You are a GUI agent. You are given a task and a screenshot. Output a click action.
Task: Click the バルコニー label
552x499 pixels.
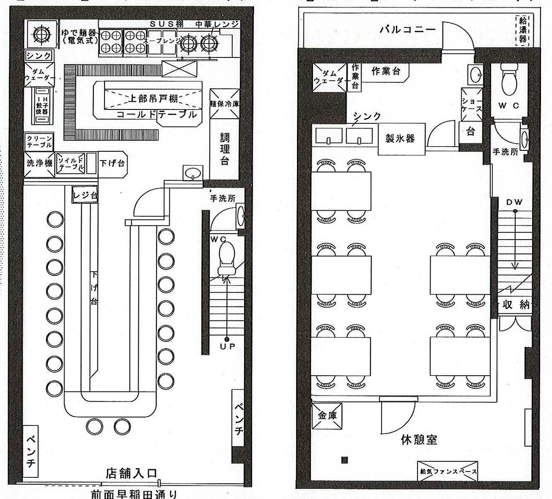[x=407, y=30]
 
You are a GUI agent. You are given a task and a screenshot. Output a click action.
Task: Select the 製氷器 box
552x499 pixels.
[x=400, y=138]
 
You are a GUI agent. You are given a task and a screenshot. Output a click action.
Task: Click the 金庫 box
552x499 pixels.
[x=327, y=416]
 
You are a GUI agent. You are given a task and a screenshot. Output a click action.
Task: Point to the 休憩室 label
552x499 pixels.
[x=418, y=440]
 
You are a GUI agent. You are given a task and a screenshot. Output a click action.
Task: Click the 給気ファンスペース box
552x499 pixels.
[x=447, y=471]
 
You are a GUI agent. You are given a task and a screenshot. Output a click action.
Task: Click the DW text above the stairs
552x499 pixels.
[x=514, y=202]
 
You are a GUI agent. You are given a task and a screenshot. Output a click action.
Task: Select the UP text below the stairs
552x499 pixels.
[x=227, y=347]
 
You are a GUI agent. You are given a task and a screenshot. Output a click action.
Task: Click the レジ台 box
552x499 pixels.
[x=85, y=195]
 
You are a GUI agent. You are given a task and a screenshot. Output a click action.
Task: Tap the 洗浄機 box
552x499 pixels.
[x=39, y=163]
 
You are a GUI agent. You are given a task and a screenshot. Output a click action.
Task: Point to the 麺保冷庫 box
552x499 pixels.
[x=225, y=103]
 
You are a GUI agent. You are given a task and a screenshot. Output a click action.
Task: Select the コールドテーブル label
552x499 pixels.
[x=157, y=115]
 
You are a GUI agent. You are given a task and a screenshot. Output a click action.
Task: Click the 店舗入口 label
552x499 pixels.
[x=132, y=473]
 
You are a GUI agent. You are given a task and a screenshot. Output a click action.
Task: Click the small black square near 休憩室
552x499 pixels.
[x=344, y=459]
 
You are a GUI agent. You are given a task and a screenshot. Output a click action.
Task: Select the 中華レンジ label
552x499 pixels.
[x=217, y=24]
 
